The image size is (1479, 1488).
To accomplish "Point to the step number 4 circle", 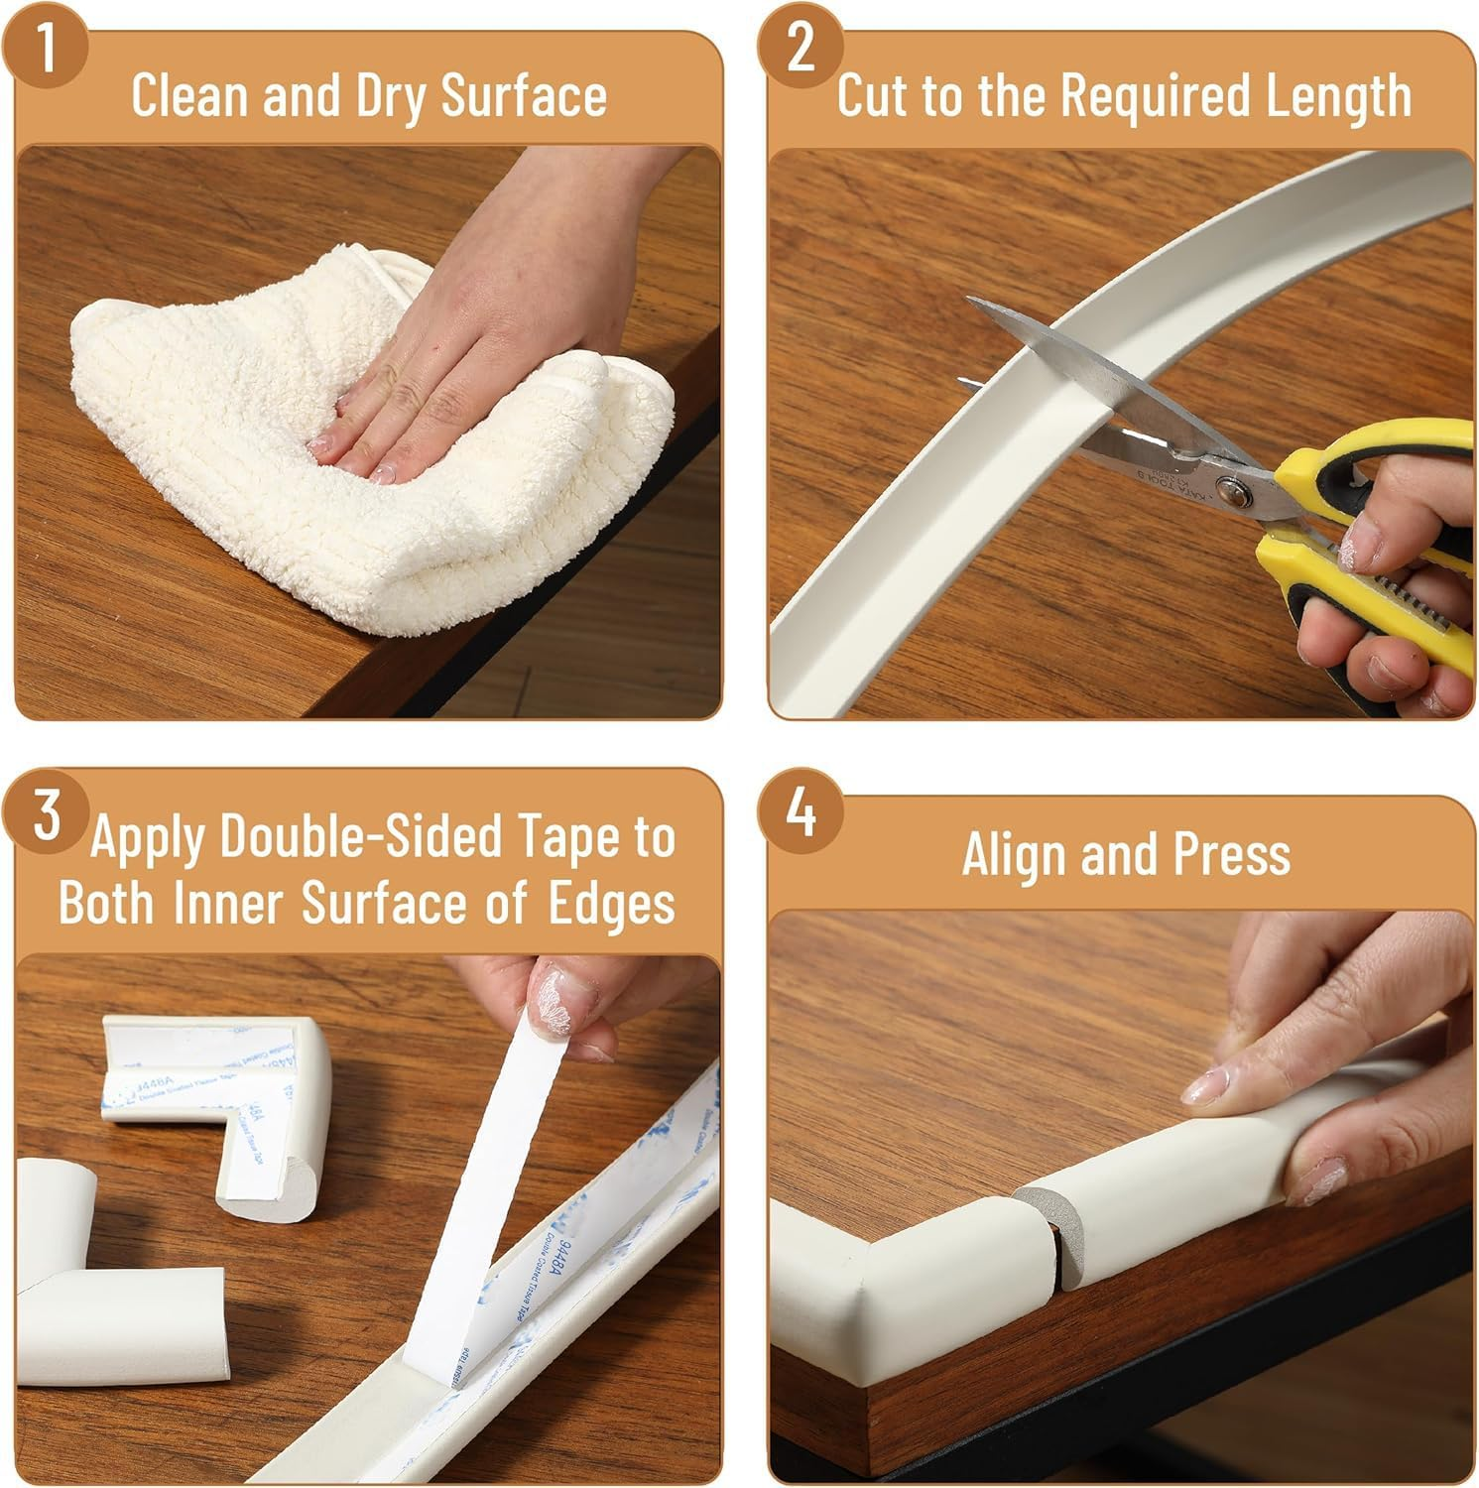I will [800, 816].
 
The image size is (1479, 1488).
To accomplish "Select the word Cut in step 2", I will [872, 96].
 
